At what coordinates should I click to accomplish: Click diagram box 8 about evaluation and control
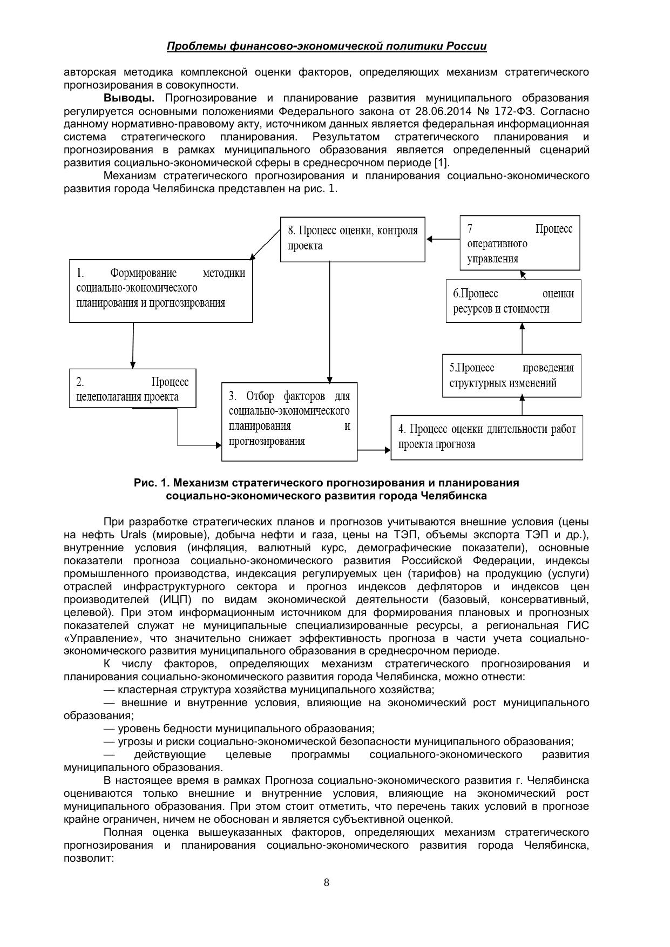click(x=353, y=239)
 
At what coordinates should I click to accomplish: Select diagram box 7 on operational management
click(x=520, y=243)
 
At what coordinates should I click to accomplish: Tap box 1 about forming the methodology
click(x=161, y=291)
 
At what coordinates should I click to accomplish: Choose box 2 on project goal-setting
click(x=132, y=389)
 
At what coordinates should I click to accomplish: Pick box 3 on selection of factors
click(x=289, y=422)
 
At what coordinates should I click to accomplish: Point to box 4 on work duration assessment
click(x=486, y=437)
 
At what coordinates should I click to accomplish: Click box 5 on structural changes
click(x=511, y=376)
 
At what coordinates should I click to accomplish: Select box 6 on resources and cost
click(x=513, y=301)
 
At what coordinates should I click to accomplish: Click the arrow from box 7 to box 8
click(x=443, y=239)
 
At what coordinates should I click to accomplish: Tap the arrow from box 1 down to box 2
click(x=132, y=346)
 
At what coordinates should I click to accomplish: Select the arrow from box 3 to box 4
click(x=374, y=449)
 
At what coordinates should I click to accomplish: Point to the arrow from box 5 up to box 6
click(x=522, y=339)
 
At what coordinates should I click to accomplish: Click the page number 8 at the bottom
click(x=326, y=883)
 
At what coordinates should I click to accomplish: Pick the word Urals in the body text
click(x=133, y=535)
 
